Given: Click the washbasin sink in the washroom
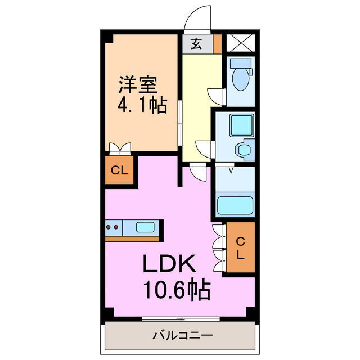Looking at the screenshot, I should click(x=244, y=150).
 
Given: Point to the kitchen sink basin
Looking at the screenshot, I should click(x=145, y=228).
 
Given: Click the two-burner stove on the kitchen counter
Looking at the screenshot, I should click(x=112, y=228).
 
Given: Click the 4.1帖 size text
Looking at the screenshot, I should click(x=142, y=105).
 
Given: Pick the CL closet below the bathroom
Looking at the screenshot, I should click(x=240, y=247).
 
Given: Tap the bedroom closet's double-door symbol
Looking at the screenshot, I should click(x=120, y=148).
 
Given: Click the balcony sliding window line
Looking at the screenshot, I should click(x=180, y=319).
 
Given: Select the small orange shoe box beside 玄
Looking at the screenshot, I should click(x=217, y=44).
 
